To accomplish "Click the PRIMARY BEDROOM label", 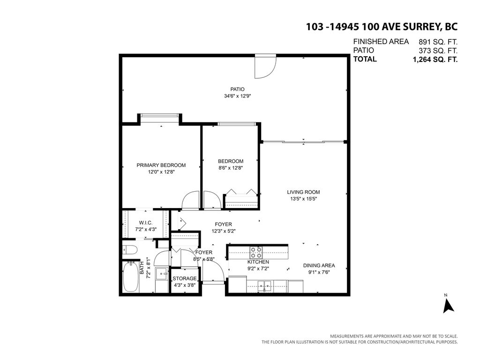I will [x=161, y=165].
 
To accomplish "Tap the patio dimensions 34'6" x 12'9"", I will [x=237, y=96].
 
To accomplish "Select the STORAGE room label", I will [x=184, y=278].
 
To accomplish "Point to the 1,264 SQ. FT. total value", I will [x=435, y=60].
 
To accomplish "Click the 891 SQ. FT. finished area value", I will [x=435, y=41].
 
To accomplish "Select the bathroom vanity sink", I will [x=161, y=273].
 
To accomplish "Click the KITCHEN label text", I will [x=258, y=262].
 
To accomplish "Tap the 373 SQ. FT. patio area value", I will [x=435, y=51].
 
